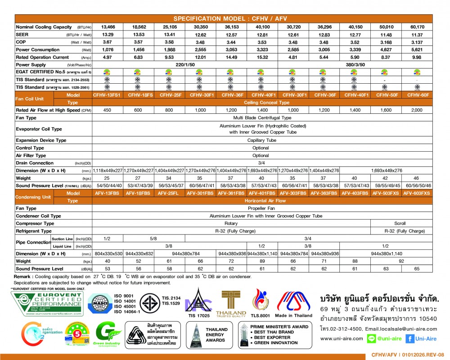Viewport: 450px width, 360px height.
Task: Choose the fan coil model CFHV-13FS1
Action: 108,95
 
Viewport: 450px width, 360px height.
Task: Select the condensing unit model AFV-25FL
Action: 169,193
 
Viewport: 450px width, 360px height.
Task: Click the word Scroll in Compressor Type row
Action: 400,223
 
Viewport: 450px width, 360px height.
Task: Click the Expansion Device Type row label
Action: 41,140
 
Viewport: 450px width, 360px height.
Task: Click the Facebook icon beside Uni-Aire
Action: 410,339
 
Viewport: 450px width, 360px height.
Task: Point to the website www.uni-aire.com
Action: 342,339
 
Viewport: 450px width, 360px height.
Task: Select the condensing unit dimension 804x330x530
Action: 108,253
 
